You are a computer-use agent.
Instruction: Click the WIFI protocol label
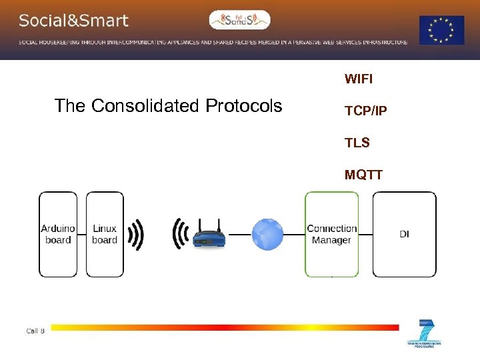click(x=359, y=79)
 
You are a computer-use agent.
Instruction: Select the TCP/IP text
click(x=365, y=111)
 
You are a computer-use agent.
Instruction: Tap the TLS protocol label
click(x=357, y=143)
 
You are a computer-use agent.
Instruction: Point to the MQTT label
click(x=363, y=175)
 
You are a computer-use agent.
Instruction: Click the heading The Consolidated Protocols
click(x=168, y=106)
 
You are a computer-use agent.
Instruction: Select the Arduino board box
click(x=58, y=234)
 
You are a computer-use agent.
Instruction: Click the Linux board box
click(x=105, y=234)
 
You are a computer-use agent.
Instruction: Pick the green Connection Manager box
click(x=331, y=234)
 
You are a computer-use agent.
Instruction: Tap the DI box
click(x=404, y=234)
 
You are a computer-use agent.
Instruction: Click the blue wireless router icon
click(x=209, y=235)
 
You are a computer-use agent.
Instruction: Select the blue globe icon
click(x=267, y=235)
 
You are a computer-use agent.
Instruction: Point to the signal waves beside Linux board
click(x=136, y=235)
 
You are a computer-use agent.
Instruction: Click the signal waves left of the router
click(x=179, y=235)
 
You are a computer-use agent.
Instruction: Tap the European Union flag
click(x=441, y=31)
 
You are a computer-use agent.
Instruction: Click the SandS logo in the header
click(x=240, y=20)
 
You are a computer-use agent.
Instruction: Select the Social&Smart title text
click(x=73, y=21)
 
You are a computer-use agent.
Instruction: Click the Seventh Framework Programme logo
click(x=424, y=334)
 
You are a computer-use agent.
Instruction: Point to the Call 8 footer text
click(x=35, y=331)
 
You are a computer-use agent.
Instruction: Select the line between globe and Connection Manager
click(x=294, y=235)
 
